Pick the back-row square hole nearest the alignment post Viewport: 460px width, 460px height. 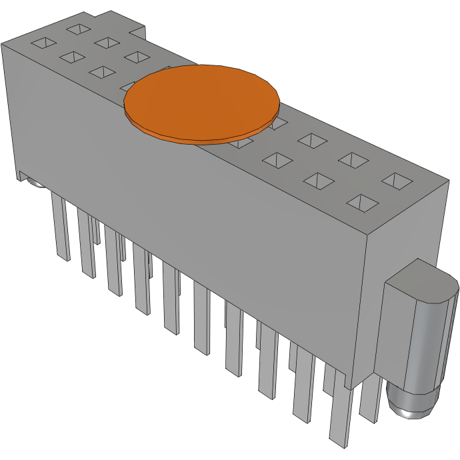(x=399, y=180)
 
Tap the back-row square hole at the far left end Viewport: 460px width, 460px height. (x=77, y=29)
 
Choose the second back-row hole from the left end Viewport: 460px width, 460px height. (x=106, y=43)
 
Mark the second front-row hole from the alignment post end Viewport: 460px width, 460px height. (x=320, y=181)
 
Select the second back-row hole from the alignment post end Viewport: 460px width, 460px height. (x=353, y=159)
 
